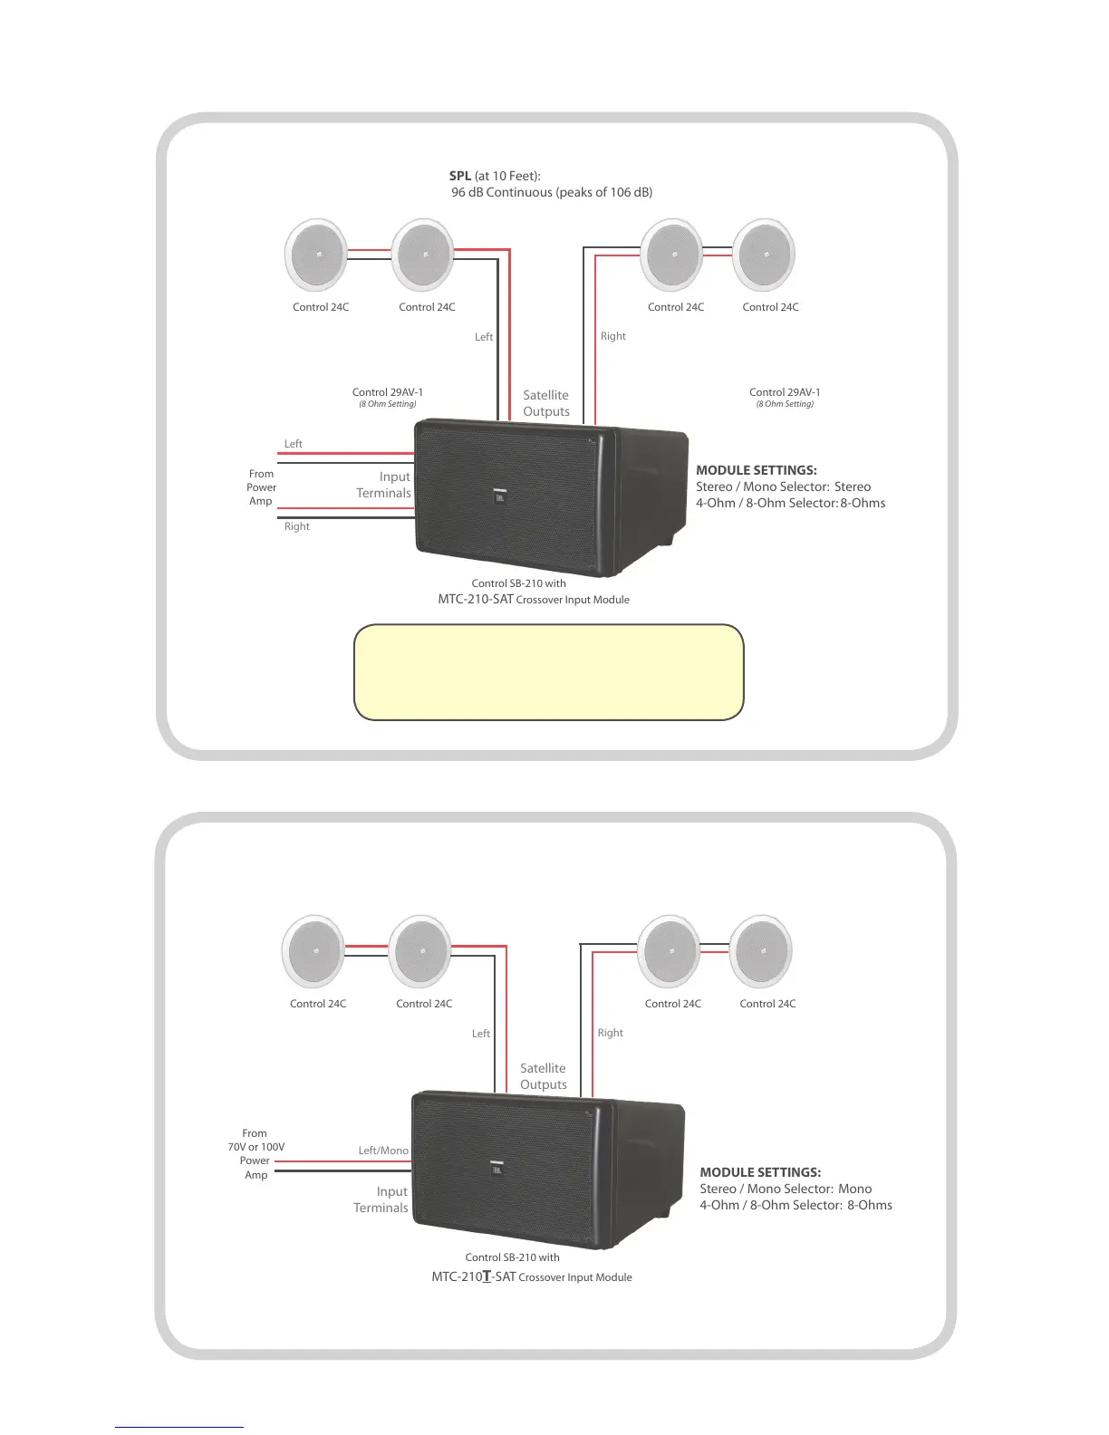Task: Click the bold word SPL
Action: click(x=459, y=176)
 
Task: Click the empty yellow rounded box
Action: click(x=548, y=672)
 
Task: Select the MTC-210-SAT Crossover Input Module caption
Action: click(x=533, y=599)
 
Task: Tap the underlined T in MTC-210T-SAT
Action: click(x=487, y=1276)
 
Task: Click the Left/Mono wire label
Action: click(x=382, y=1151)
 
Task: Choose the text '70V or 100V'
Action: click(x=256, y=1147)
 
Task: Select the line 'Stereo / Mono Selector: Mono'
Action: click(x=785, y=1189)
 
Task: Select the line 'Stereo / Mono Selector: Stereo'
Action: click(x=783, y=486)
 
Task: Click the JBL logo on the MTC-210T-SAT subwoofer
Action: click(x=496, y=1168)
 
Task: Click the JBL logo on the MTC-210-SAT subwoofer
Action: click(x=498, y=495)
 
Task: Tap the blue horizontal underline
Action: click(x=178, y=1427)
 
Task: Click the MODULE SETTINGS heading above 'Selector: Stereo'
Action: click(x=756, y=470)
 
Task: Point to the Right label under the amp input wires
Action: click(x=296, y=526)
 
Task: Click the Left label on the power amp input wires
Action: click(x=293, y=444)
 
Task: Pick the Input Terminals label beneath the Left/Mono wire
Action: click(x=381, y=1199)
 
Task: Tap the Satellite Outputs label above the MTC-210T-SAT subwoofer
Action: click(x=543, y=1076)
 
